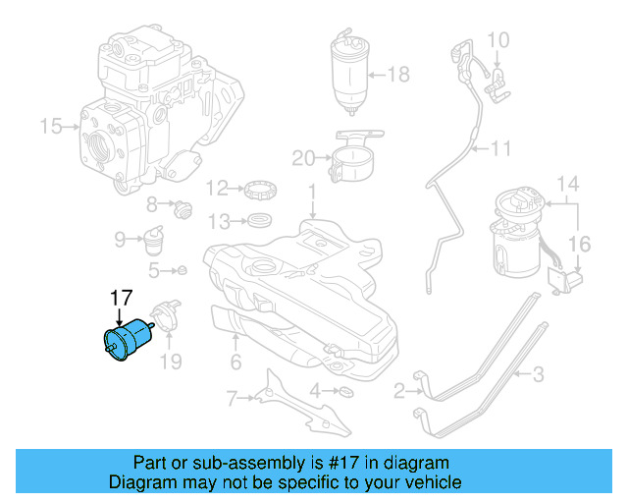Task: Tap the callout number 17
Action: pos(121,298)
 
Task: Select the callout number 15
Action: pos(50,126)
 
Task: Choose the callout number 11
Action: pos(501,149)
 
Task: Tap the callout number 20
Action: pos(303,156)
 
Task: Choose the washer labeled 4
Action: pos(345,393)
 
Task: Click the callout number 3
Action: pos(538,373)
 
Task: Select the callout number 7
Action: pos(233,398)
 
